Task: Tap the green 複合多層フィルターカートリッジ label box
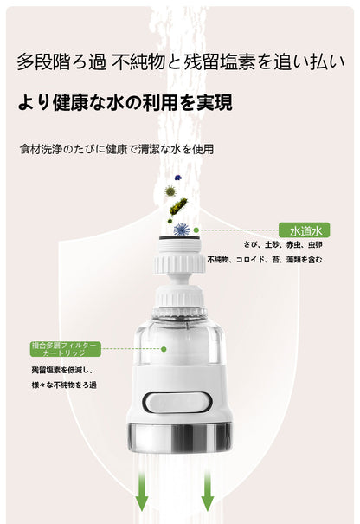65,349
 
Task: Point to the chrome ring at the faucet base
179,437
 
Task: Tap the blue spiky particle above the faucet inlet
181,229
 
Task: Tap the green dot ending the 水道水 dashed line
196,230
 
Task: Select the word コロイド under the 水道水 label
258,260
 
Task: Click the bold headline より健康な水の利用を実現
125,103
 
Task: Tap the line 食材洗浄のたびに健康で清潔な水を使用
116,149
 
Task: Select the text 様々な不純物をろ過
63,385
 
